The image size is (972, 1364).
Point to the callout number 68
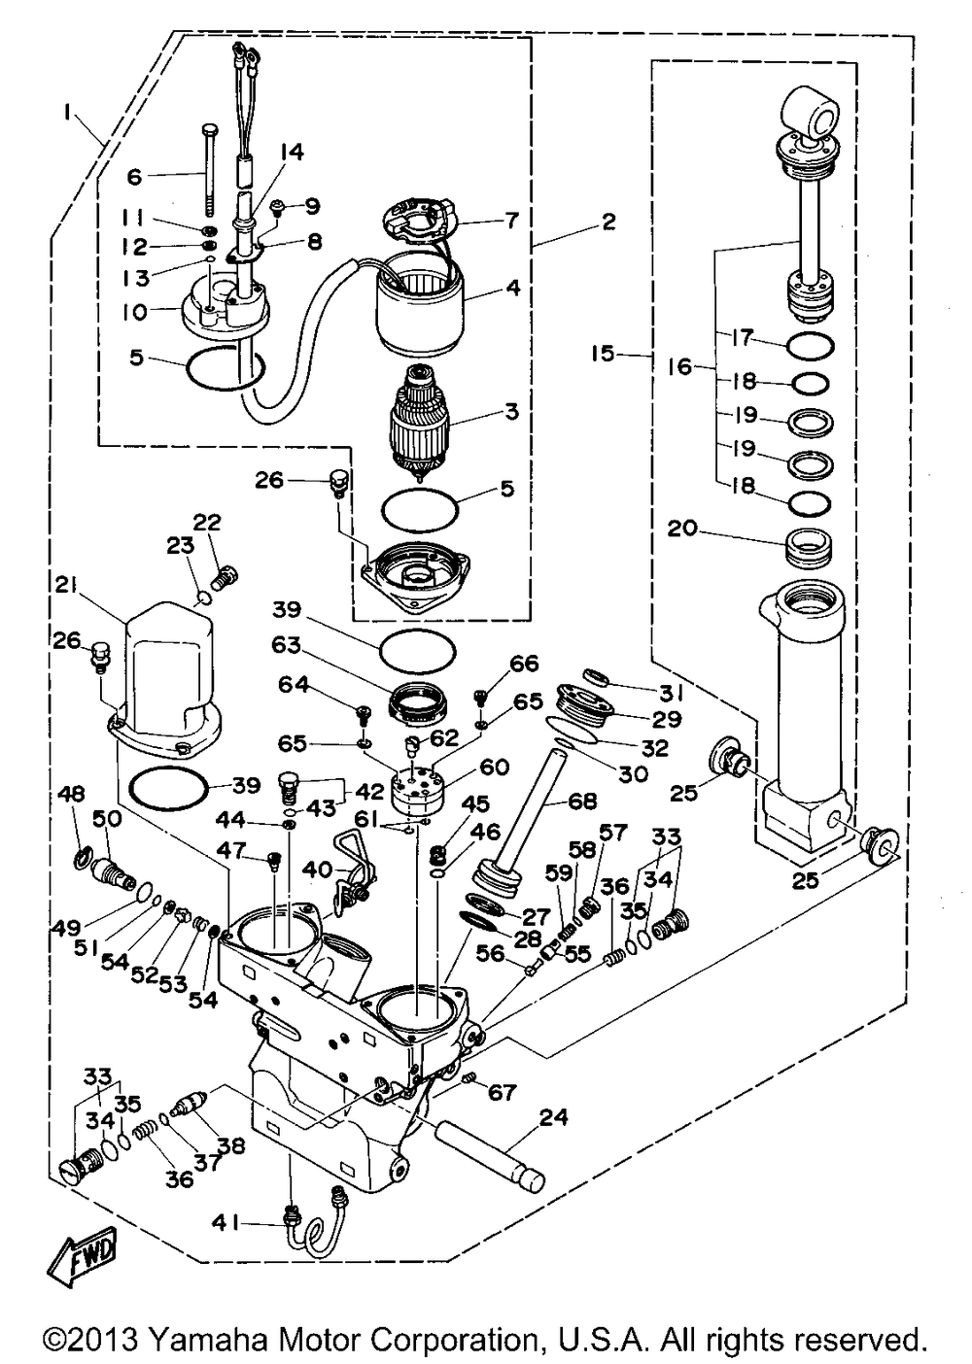(x=582, y=802)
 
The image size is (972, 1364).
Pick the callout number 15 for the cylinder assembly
(x=604, y=353)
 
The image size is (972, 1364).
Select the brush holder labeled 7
(x=419, y=220)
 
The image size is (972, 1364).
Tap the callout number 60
(x=494, y=767)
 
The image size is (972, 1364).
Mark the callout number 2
(x=607, y=222)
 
